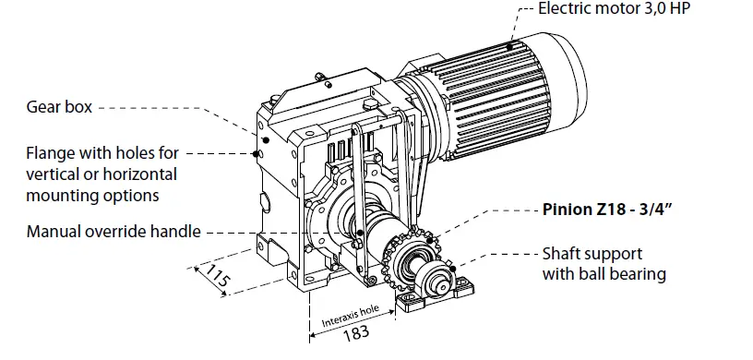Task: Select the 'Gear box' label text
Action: [x=59, y=108]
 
